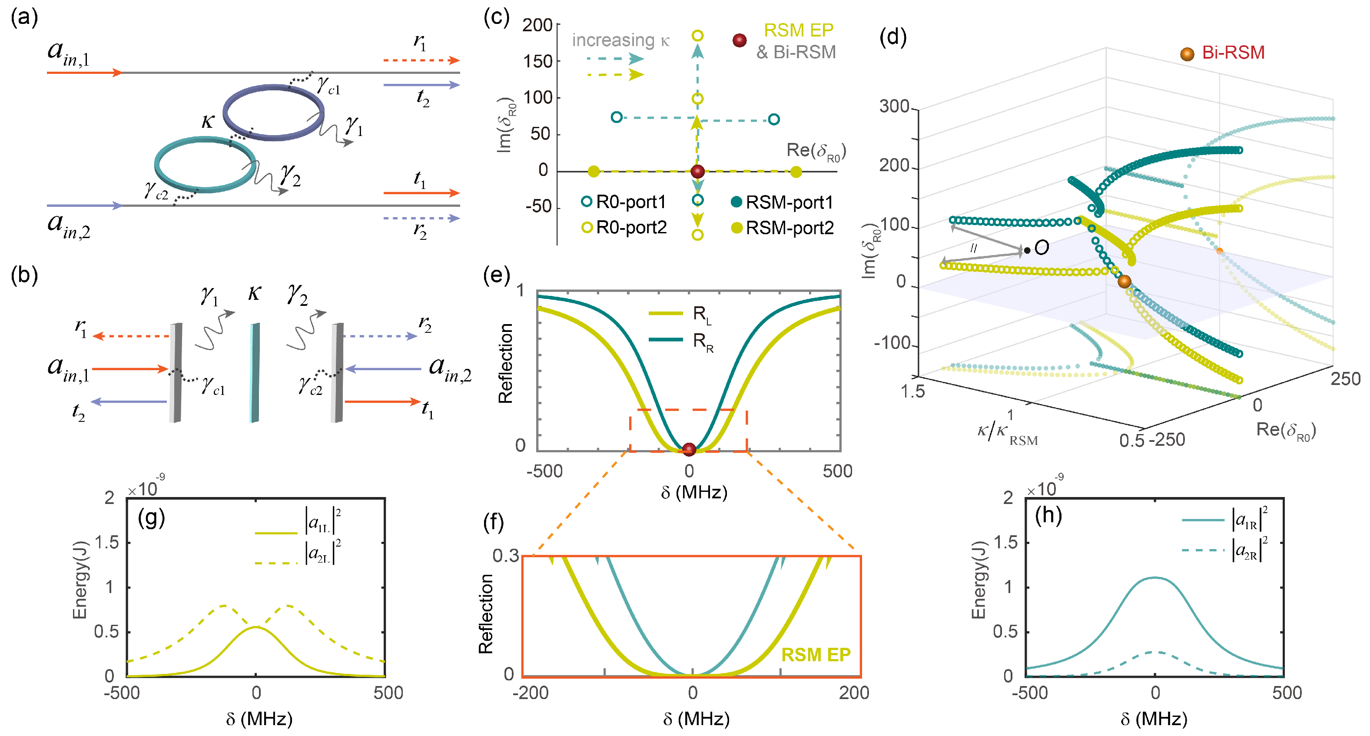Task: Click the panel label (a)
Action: tap(24, 17)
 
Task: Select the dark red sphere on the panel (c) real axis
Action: tap(697, 171)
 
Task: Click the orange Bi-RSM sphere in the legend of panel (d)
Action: tap(1187, 54)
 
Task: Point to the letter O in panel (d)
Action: tap(1042, 247)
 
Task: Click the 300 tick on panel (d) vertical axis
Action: tap(894, 106)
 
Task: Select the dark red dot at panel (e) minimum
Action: tap(689, 449)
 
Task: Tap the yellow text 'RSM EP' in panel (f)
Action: tap(815, 655)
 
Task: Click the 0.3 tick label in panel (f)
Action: tap(505, 556)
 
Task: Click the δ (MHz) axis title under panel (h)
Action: tap(1154, 719)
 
